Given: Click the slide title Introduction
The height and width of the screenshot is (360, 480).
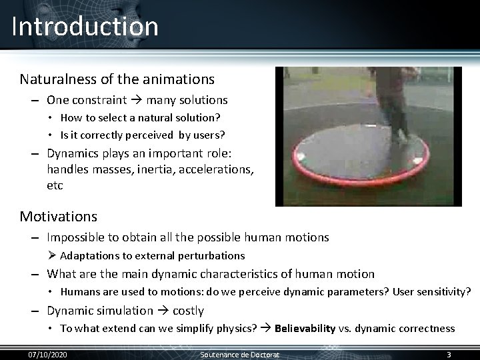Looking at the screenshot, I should click(x=85, y=27).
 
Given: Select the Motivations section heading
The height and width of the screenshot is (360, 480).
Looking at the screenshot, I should click(x=58, y=217).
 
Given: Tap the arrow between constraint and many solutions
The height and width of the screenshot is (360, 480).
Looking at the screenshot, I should click(x=137, y=101).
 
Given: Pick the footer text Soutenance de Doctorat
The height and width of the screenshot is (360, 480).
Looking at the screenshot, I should click(x=240, y=353).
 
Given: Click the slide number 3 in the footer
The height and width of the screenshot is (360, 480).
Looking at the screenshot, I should click(x=449, y=353).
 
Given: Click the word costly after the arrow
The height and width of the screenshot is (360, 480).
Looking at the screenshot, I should click(x=188, y=311).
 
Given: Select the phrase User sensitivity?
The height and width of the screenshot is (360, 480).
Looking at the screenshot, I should click(x=432, y=292).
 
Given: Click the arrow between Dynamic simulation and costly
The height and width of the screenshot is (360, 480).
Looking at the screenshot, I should click(x=163, y=311).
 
